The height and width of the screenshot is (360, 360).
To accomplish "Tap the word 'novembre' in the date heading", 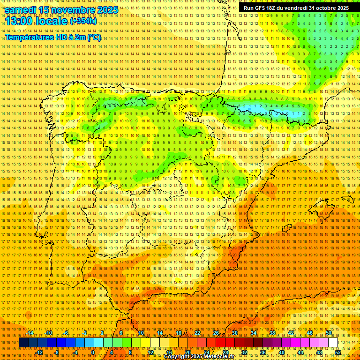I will [x=71, y=10].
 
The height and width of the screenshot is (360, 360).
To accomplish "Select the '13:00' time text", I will [x=18, y=21].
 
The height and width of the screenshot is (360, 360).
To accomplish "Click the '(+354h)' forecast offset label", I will [x=83, y=21].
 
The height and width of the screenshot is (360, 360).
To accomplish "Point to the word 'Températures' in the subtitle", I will [x=29, y=37].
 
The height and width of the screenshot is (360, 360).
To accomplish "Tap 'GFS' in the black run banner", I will [x=258, y=8].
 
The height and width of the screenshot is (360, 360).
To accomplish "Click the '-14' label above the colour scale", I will [x=30, y=333].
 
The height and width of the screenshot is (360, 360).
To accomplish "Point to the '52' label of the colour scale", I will [x=338, y=352].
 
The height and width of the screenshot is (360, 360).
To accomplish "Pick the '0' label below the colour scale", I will [x=93, y=352].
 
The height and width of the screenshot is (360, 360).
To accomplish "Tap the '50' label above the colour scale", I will [x=329, y=333].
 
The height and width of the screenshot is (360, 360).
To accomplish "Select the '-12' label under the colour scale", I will [x=39, y=352].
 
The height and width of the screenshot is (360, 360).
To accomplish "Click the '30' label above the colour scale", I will [x=234, y=333].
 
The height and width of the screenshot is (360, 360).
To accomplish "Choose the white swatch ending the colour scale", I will [x=333, y=343].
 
